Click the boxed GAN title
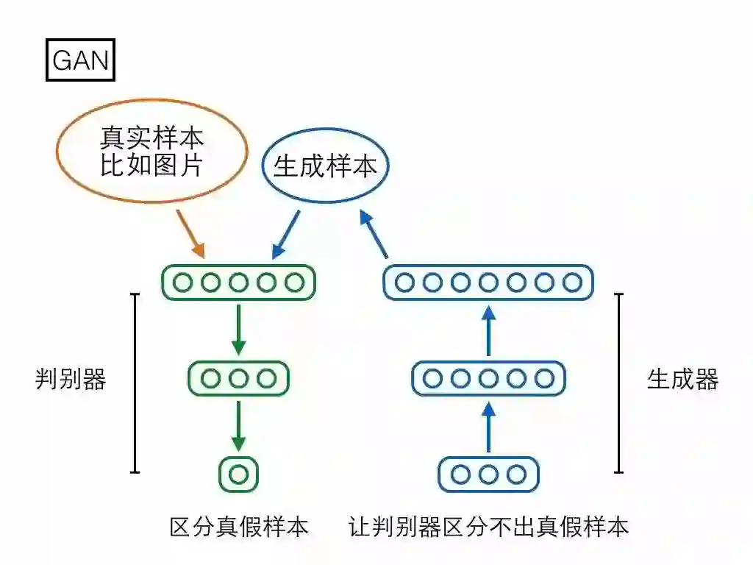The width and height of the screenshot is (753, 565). pos(81,60)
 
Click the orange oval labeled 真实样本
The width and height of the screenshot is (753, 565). pos(151,150)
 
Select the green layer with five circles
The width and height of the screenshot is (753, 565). pos(238,282)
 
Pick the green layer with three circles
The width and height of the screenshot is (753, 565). pos(238,378)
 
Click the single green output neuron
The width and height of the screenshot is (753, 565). pos(238,475)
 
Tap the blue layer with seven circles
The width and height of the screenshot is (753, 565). pos(488,282)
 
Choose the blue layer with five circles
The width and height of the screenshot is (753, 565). pos(488,378)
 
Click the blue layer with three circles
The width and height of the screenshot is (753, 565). pos(488,475)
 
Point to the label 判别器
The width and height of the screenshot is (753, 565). pos(71,379)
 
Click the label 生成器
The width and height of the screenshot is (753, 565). pos(682,379)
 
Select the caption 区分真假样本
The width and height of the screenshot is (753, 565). pos(238,527)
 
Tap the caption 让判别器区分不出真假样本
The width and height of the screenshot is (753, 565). pos(488,527)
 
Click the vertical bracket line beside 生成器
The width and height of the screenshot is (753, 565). pos(619,383)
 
